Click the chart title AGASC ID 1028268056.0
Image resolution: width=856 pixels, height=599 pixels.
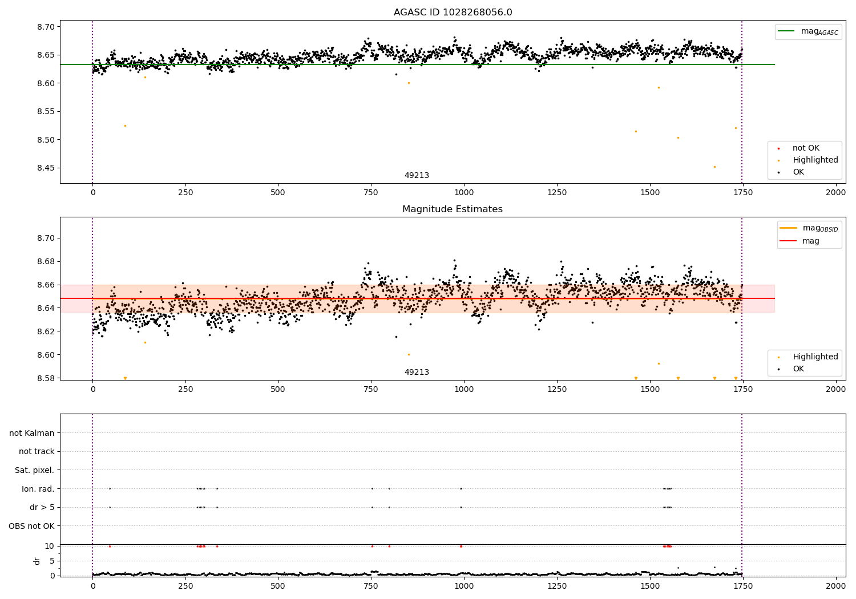pyautogui.click(x=453, y=13)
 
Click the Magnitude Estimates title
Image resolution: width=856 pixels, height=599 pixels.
pyautogui.click(x=453, y=209)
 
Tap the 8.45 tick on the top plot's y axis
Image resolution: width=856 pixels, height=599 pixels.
pyautogui.click(x=46, y=168)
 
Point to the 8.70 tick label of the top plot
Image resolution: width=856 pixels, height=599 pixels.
pyautogui.click(x=46, y=27)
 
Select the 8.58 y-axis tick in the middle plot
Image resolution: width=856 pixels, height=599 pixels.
pyautogui.click(x=46, y=378)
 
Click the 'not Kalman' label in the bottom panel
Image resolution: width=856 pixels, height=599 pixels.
pyautogui.click(x=32, y=433)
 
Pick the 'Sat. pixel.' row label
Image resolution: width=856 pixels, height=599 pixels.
pyautogui.click(x=34, y=470)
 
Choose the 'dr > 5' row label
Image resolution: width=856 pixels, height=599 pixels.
pyautogui.click(x=42, y=507)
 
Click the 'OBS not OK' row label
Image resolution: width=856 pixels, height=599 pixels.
pyautogui.click(x=31, y=526)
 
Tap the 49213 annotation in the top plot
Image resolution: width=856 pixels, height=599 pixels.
pyautogui.click(x=417, y=176)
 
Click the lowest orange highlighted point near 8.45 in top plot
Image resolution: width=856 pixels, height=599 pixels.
pyautogui.click(x=714, y=167)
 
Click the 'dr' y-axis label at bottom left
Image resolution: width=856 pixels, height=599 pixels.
pyautogui.click(x=37, y=561)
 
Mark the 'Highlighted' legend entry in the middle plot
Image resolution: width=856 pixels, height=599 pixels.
pyautogui.click(x=815, y=357)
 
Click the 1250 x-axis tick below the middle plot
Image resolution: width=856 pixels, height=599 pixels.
pyautogui.click(x=557, y=389)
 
